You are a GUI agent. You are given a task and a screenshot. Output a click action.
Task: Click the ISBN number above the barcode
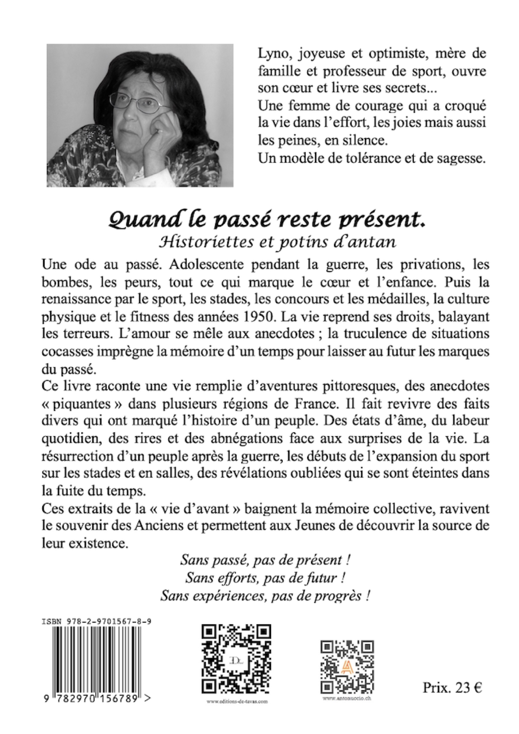pos(96,622)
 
